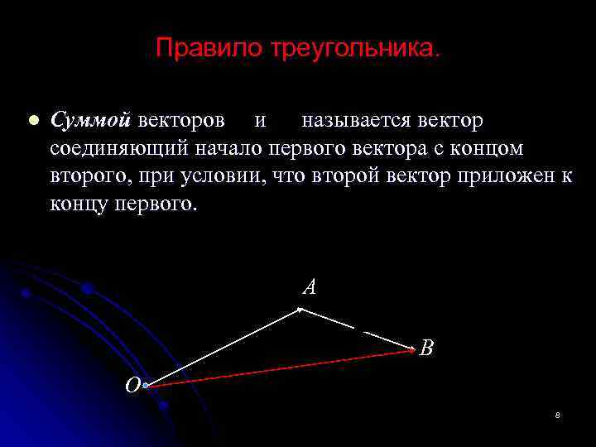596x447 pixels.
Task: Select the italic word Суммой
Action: coord(90,121)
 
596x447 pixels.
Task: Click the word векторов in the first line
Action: coord(180,121)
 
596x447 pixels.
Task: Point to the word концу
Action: coord(76,203)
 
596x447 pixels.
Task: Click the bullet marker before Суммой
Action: coord(32,121)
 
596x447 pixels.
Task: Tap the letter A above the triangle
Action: coord(310,287)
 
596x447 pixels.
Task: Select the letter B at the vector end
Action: coord(426,348)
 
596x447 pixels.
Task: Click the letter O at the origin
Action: coord(132,385)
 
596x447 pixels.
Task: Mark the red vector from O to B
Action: coord(281,368)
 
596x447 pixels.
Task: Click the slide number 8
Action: coord(558,415)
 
